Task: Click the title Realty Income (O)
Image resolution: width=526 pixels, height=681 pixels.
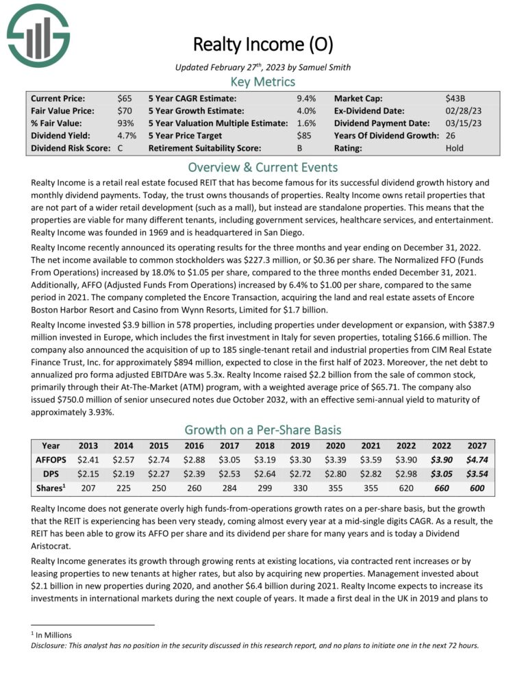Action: pyautogui.click(x=262, y=45)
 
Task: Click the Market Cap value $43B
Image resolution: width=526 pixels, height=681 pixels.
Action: pyautogui.click(x=455, y=99)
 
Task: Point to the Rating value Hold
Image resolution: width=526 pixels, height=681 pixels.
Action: pyautogui.click(x=456, y=147)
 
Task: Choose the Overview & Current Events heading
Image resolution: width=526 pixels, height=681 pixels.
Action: pyautogui.click(x=263, y=167)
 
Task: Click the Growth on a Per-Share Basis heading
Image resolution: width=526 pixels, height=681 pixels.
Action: pyautogui.click(x=263, y=430)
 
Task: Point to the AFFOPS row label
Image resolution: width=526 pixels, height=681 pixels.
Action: pyautogui.click(x=50, y=460)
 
